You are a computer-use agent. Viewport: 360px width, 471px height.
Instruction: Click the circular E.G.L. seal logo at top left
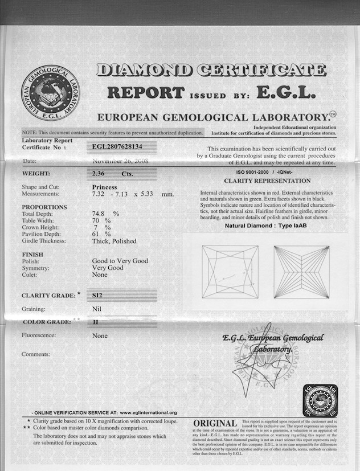point(50,93)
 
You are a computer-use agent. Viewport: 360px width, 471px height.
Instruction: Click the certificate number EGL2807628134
point(118,146)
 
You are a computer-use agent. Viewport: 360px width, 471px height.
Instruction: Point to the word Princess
point(104,187)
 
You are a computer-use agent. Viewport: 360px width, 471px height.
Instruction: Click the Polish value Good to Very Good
point(120,261)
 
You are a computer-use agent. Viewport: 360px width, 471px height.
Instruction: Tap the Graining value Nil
point(97,309)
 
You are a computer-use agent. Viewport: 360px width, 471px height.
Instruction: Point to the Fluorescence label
point(39,335)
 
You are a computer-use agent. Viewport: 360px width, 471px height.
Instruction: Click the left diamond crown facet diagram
point(230,272)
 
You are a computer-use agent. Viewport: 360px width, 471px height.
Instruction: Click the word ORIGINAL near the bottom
point(215,423)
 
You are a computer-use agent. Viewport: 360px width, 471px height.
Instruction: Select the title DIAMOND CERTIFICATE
point(211,70)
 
